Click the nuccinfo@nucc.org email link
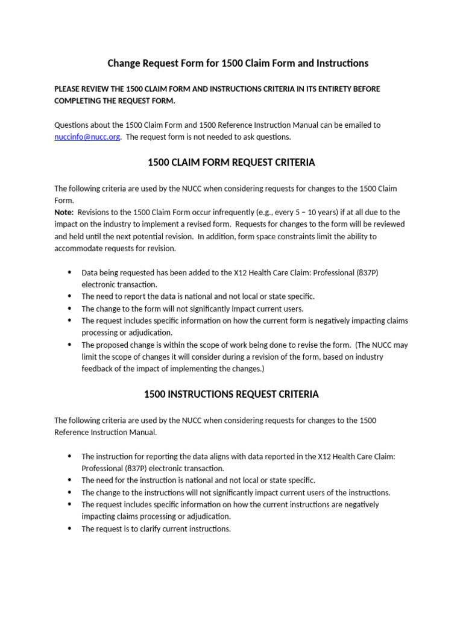[x=87, y=137]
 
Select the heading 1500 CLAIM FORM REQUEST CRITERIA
[x=231, y=163]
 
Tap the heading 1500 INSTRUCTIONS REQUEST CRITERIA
[x=231, y=395]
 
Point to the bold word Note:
[x=65, y=213]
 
